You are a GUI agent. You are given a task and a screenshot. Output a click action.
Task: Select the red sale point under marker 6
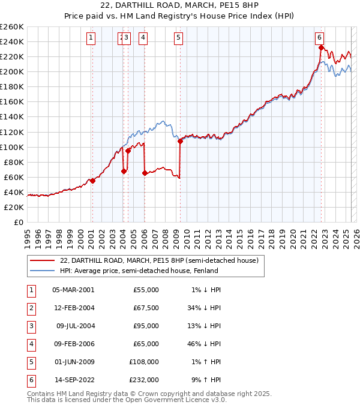click(x=321, y=47)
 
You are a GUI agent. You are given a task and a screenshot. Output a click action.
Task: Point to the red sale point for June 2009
click(x=180, y=141)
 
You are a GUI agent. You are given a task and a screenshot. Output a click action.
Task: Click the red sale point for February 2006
click(x=145, y=173)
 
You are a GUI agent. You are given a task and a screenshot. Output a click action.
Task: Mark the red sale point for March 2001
click(x=92, y=181)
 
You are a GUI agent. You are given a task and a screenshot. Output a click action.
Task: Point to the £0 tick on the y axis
click(x=19, y=222)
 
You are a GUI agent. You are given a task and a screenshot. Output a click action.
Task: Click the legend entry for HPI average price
click(x=138, y=271)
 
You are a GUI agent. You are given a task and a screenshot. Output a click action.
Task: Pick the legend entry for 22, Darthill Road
click(x=159, y=260)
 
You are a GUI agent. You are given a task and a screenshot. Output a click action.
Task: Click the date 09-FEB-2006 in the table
click(x=73, y=344)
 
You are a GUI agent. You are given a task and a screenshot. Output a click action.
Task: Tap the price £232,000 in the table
click(x=145, y=380)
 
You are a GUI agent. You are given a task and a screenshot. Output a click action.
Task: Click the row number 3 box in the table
click(x=31, y=326)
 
